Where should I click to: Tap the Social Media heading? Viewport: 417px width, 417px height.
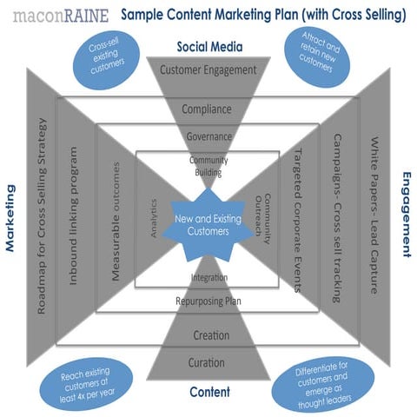tap(208, 46)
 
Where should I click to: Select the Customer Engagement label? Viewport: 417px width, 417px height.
tap(208, 69)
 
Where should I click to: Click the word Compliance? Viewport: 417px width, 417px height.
tap(208, 109)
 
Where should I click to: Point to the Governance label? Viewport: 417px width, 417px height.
tap(208, 136)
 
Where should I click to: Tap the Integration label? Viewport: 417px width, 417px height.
tap(208, 278)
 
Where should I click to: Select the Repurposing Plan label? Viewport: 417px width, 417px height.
tap(208, 301)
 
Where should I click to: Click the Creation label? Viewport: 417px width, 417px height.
tap(208, 334)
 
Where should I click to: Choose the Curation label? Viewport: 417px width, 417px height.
tap(208, 361)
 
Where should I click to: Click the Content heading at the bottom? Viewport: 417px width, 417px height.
tap(209, 392)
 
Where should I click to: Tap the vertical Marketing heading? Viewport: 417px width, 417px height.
tap(10, 217)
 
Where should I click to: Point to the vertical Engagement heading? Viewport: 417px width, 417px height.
tap(406, 214)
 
